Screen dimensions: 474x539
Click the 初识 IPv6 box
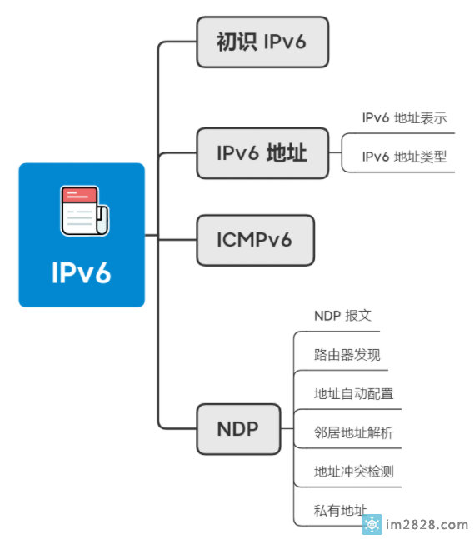point(262,42)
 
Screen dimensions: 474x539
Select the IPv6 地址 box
point(262,153)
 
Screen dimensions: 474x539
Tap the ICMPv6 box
point(256,240)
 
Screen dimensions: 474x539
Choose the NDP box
point(238,429)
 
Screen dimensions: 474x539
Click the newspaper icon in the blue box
point(85,211)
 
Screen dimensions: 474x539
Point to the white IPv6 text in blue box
point(81,272)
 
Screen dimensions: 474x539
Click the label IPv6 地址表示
point(404,118)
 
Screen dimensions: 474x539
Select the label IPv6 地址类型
point(404,157)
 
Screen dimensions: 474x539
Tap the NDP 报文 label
point(342,316)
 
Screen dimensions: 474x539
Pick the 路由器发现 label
point(347,355)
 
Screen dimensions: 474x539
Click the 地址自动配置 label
point(354,393)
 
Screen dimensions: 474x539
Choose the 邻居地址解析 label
point(354,432)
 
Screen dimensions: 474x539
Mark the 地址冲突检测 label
point(354,472)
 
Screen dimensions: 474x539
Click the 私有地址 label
point(340,510)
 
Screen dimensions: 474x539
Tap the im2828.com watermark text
point(427,525)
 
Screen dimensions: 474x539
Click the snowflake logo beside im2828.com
point(372,525)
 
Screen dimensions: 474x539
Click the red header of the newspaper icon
point(80,195)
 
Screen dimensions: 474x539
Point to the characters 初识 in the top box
point(237,42)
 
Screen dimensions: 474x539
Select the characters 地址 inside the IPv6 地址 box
point(287,153)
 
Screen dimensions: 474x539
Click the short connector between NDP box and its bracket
point(287,429)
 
